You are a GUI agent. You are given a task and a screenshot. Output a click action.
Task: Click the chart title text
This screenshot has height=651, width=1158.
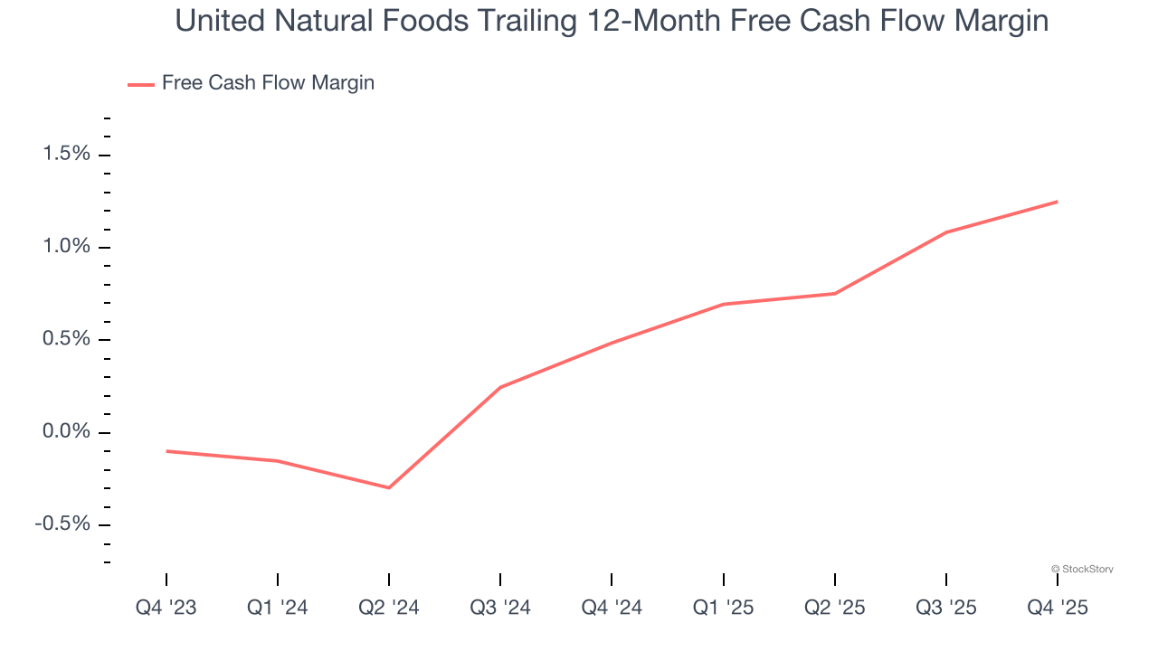(x=612, y=21)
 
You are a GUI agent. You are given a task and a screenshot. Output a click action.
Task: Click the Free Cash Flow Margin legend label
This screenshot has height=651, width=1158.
(x=268, y=83)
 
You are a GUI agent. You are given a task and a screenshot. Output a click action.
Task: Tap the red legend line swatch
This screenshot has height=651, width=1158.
(x=141, y=84)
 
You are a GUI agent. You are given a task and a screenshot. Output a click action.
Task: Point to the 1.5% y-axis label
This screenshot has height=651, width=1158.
(x=67, y=155)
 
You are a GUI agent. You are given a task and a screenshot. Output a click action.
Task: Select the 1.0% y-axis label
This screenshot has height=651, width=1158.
(x=67, y=247)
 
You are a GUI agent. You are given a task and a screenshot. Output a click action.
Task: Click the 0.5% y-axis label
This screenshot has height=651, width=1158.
(x=67, y=340)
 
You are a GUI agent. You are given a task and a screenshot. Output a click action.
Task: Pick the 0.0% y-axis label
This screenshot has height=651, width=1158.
(x=67, y=432)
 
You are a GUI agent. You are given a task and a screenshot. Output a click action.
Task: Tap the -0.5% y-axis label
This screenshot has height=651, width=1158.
(x=63, y=525)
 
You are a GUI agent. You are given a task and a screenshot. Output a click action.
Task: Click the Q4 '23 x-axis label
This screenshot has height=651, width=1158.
(x=166, y=608)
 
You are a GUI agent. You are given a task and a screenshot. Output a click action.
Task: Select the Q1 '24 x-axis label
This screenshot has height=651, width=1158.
(x=278, y=608)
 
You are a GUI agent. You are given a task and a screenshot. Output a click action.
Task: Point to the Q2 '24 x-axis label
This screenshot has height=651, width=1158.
(x=389, y=608)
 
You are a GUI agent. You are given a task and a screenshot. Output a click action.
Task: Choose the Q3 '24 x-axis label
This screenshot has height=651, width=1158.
(x=500, y=608)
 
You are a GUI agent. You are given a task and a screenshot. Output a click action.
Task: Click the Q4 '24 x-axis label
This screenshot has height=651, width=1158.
(x=612, y=608)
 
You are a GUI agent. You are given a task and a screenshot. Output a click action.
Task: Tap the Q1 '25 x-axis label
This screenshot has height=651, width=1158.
(x=723, y=608)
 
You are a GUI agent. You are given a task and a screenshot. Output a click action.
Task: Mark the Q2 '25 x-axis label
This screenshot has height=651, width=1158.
(x=834, y=608)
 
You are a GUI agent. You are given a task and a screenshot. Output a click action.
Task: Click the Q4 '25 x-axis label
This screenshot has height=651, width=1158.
(x=1057, y=608)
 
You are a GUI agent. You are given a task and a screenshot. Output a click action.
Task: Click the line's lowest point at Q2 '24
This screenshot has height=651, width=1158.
(x=389, y=488)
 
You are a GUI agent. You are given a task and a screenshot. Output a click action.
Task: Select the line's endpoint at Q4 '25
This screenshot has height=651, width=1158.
(x=1057, y=202)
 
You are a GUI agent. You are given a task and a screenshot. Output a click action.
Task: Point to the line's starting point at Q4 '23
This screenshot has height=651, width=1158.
(x=166, y=451)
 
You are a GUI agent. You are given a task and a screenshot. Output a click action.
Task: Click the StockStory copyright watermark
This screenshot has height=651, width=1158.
(x=1082, y=569)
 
